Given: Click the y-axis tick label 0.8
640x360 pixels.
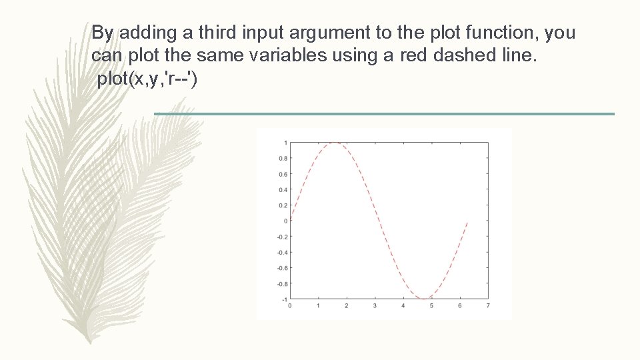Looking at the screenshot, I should pos(283,159).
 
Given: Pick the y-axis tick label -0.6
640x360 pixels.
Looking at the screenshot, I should pos(282,268).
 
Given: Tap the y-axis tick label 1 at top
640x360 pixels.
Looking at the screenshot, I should pos(285,143).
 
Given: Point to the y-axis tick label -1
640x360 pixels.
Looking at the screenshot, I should pos(284,299).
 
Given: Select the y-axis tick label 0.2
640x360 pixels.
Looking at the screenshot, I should pos(283,205).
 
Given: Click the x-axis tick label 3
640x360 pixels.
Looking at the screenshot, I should pos(375,306).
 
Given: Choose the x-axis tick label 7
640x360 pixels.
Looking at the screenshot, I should pos(489,306).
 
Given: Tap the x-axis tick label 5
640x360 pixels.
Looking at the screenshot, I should pos(431,306).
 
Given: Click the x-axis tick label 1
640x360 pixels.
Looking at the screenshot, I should pos(318,306).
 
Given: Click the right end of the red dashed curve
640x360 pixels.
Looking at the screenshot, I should pos(467,222).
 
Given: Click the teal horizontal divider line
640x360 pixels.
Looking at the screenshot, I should pos(384,114).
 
